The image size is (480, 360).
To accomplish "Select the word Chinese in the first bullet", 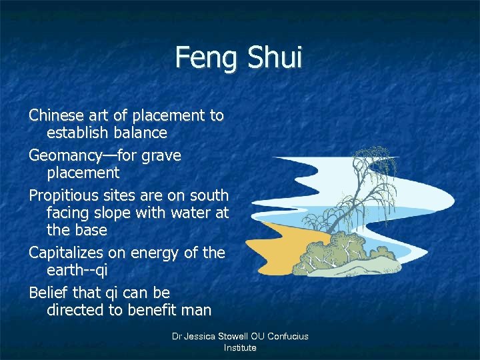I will (57, 115).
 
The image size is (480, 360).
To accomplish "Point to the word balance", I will (140, 133).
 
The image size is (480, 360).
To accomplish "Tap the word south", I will (209, 196).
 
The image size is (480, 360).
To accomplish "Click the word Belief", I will (47, 293).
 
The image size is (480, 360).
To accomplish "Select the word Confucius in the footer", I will (287, 337).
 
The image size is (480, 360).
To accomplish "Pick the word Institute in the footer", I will (240, 348).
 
